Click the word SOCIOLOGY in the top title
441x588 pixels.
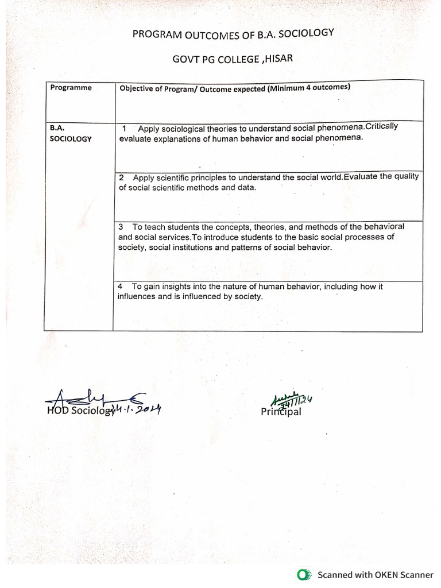click(x=308, y=33)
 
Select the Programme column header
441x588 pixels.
click(x=71, y=88)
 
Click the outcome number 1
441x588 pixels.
click(x=125, y=129)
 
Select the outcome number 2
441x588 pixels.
click(x=121, y=178)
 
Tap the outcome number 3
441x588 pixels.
click(x=121, y=227)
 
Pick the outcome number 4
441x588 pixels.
click(x=120, y=287)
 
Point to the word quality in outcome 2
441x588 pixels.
click(x=405, y=176)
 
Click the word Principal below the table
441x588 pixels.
click(x=281, y=412)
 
